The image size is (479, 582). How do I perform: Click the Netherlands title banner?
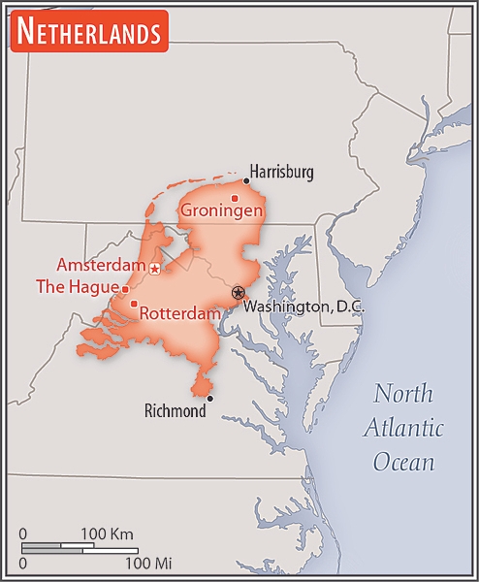[88, 32]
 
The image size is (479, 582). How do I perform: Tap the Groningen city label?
[222, 210]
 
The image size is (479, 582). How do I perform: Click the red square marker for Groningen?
[235, 198]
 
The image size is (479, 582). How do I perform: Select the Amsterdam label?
[101, 265]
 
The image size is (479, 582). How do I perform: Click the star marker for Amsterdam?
[155, 268]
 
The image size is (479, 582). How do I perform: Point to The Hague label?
[77, 287]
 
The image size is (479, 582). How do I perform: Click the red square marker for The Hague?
[124, 288]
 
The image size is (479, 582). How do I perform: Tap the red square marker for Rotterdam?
[134, 304]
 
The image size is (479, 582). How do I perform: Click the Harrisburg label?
[282, 173]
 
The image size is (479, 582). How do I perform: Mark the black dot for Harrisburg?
[246, 180]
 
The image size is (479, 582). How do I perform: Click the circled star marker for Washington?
[238, 292]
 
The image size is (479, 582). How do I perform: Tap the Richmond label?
[175, 411]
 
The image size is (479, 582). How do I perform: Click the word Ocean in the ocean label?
[403, 461]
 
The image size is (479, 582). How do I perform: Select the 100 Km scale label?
[107, 534]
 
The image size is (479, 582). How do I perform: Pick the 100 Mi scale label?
[147, 563]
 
